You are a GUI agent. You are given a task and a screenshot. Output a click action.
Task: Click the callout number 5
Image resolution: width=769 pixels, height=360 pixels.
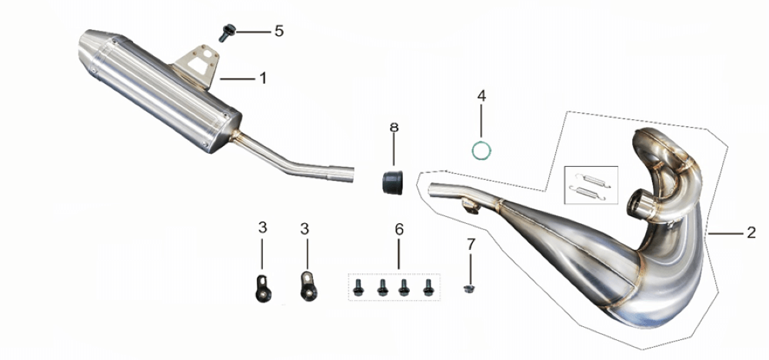click(x=278, y=32)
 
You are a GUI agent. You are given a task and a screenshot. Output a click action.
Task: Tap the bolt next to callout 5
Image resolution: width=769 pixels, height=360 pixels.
click(x=227, y=33)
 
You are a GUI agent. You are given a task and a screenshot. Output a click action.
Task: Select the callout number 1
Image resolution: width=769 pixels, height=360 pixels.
click(x=263, y=78)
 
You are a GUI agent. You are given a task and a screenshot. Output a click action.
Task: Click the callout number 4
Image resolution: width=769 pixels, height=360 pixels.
click(x=481, y=95)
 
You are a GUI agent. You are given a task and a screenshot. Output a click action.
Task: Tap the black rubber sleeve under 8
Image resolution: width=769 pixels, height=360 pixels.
click(x=393, y=182)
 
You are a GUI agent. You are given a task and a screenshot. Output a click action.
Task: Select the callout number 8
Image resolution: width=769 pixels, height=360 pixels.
click(x=394, y=128)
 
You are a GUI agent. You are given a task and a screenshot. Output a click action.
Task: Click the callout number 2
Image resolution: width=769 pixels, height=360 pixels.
click(x=751, y=233)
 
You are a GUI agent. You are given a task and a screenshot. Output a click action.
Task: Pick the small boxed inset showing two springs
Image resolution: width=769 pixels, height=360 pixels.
click(x=591, y=185)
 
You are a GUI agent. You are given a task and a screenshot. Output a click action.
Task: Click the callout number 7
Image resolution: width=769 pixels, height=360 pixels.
click(x=471, y=243)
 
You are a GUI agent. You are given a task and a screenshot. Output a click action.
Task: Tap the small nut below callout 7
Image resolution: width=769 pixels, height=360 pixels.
click(x=469, y=289)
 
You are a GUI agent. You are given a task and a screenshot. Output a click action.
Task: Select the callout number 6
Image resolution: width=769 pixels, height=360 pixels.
click(x=398, y=229)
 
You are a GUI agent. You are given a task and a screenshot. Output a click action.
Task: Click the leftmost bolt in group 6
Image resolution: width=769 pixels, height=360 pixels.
click(x=358, y=287)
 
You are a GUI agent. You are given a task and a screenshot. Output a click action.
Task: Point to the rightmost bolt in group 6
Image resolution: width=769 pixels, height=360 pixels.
click(x=428, y=287)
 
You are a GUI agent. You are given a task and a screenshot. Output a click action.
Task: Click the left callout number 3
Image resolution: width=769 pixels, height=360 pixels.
click(x=262, y=228)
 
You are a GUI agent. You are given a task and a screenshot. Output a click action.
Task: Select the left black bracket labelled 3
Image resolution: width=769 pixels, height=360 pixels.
click(x=263, y=289)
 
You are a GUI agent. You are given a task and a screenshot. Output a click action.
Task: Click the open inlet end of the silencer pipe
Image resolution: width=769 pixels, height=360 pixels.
click(x=350, y=174)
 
